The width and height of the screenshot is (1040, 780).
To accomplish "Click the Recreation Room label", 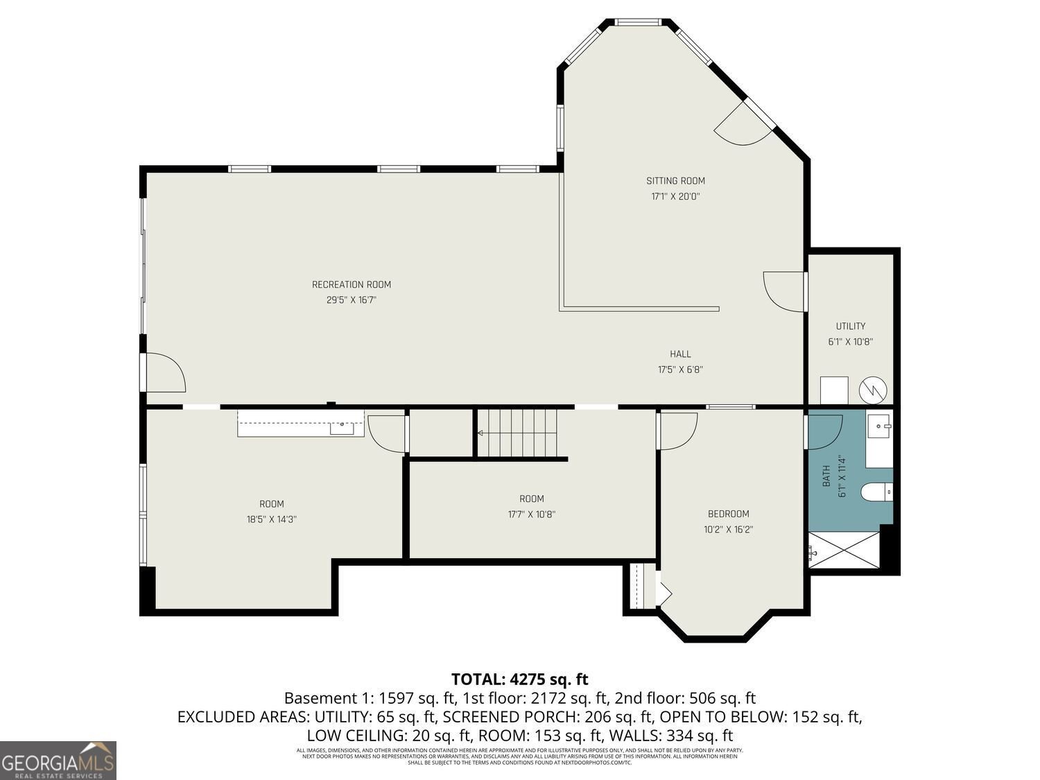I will pyautogui.click(x=351, y=284).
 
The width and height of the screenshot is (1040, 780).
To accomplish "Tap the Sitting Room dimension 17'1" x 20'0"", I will pyautogui.click(x=675, y=196).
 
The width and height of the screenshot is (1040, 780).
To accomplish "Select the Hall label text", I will pyautogui.click(x=680, y=354).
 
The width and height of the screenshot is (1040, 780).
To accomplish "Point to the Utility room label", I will pyautogui.click(x=850, y=326).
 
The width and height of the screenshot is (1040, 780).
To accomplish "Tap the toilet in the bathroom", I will pyautogui.click(x=876, y=492).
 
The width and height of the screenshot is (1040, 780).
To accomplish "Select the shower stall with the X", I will pyautogui.click(x=844, y=550).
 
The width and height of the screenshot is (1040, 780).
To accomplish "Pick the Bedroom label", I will pyautogui.click(x=728, y=514).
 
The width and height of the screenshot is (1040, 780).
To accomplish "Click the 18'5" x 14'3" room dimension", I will pyautogui.click(x=272, y=519).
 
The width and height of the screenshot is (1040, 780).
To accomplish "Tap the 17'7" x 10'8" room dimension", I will pyautogui.click(x=532, y=514).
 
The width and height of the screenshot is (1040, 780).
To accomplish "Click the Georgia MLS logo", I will pyautogui.click(x=58, y=761).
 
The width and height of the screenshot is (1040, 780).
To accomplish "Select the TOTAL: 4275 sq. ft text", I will pyautogui.click(x=519, y=679).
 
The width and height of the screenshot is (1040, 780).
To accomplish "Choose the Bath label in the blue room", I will pyautogui.click(x=826, y=476).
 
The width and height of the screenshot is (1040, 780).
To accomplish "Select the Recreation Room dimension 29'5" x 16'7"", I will pyautogui.click(x=351, y=300).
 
